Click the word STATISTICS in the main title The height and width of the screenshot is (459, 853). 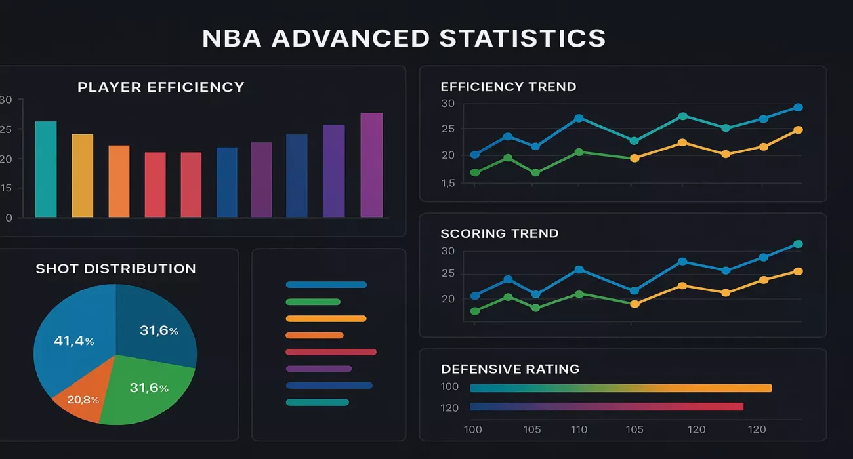[522, 38]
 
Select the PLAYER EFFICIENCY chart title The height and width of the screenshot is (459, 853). [161, 87]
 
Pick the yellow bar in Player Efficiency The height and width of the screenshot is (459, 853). [82, 176]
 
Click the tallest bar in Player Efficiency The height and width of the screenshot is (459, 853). [371, 165]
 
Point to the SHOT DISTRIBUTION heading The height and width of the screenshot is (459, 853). [115, 269]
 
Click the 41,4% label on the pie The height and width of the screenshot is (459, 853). [73, 341]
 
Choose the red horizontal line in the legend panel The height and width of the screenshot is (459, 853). [331, 352]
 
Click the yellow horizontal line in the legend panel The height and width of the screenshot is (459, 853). [326, 319]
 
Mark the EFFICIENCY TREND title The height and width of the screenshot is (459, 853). [509, 87]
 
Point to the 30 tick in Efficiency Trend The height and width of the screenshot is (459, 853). [448, 103]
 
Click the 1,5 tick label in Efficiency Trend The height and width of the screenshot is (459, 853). [448, 184]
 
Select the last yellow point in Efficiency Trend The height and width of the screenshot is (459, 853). [798, 130]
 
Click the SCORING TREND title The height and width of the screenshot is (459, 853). [499, 233]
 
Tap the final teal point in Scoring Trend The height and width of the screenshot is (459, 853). [798, 244]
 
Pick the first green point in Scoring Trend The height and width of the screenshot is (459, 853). [475, 311]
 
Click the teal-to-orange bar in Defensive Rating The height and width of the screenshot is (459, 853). [621, 388]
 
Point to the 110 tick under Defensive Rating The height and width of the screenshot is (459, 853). [579, 429]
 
